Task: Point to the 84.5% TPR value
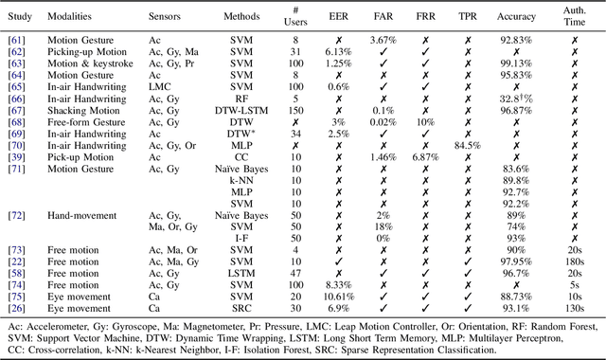[471, 146]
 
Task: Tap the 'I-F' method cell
[241, 238]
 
